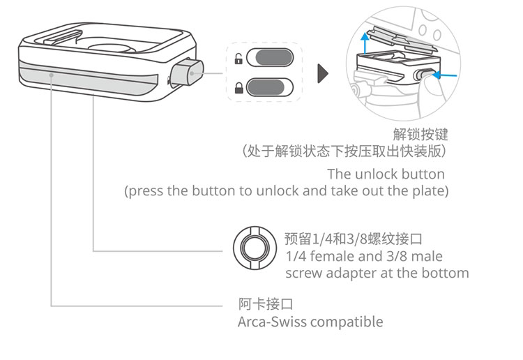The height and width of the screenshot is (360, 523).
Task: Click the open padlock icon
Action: (x=238, y=59)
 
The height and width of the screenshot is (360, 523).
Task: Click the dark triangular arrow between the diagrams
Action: (x=323, y=73)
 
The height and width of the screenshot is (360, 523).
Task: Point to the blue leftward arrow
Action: (x=449, y=73)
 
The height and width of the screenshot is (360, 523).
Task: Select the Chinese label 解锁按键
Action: (x=420, y=134)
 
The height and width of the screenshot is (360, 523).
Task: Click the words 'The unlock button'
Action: (x=386, y=174)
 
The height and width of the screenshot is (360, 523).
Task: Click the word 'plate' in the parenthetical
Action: (x=430, y=190)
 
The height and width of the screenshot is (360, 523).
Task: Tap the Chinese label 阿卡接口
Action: (x=264, y=304)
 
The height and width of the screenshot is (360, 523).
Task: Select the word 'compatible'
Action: (x=347, y=322)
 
